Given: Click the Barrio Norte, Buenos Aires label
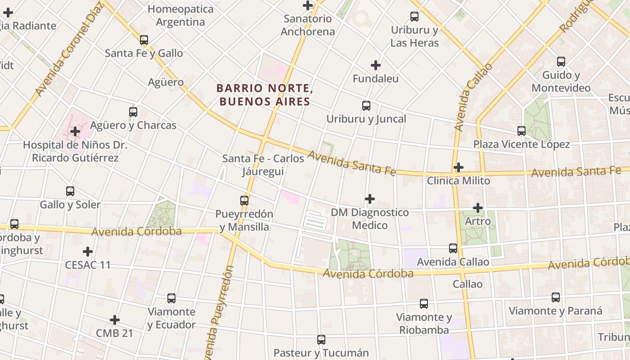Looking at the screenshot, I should click(265, 95).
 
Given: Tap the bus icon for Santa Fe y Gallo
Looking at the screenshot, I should click(144, 40).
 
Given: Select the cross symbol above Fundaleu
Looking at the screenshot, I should click(376, 65).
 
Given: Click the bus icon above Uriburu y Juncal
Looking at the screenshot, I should click(366, 106).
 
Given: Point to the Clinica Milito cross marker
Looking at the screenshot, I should click(459, 167).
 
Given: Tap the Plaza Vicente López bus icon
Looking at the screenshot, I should click(522, 131).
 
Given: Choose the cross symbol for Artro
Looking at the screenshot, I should click(478, 208).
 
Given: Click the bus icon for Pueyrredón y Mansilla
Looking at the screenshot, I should click(244, 201).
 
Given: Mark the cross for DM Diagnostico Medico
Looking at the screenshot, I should click(370, 199).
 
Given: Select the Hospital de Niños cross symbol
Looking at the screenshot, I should click(75, 132).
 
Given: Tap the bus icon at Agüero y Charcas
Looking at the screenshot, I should click(133, 112).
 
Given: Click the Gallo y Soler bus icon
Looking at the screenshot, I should click(70, 191).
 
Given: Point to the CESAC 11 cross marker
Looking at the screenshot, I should click(88, 252).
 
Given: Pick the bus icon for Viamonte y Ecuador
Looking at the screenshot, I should click(171, 298).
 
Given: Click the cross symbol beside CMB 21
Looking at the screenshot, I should click(115, 320).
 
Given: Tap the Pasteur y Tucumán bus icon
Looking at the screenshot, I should click(321, 340).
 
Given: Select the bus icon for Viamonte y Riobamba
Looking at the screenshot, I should click(424, 304).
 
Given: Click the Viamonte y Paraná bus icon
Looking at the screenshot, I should click(556, 297).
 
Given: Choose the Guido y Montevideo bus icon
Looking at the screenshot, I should click(561, 62).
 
